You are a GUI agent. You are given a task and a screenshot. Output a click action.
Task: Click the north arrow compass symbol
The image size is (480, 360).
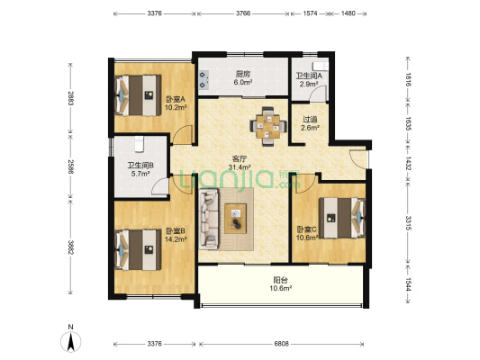coord(71,341)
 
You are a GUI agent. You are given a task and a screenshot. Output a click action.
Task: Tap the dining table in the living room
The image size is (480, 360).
coord(268,127)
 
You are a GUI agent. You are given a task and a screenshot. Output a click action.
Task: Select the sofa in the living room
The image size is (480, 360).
coord(208,219)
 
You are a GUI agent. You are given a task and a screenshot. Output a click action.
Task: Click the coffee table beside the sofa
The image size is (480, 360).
coord(235,219)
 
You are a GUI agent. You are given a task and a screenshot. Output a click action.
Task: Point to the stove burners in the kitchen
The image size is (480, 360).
coord(204,78)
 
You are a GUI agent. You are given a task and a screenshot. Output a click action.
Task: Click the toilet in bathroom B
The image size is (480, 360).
coord(139,144)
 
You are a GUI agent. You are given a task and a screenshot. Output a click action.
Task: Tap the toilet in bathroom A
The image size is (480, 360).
coord(321,66)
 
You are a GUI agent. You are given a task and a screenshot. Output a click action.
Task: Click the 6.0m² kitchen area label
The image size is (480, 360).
coord(243,82)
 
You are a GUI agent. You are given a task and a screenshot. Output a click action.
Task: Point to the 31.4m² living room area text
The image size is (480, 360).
coord(240,167)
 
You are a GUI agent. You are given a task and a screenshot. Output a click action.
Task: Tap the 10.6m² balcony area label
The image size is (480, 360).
coord(280,288)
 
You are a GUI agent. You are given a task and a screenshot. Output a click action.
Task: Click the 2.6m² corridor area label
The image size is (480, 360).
coord(310,128)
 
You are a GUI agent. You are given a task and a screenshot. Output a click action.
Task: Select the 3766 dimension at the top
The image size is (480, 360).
coord(243,13)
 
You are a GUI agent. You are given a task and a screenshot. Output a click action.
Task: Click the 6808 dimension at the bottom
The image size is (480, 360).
coord(281,344)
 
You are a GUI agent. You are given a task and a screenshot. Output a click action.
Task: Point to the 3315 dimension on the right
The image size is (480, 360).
coord(409,223)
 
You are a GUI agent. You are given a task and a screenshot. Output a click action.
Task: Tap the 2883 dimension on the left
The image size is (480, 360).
coord(71,98)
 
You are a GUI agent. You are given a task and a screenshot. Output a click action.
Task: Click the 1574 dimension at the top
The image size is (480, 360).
coord(310,13)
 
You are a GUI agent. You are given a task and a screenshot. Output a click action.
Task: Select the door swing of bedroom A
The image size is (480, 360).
coord(183,135)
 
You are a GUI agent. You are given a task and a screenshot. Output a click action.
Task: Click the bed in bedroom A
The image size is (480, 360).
coord(138,95)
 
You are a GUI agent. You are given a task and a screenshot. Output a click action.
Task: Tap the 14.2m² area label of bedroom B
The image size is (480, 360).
coord(176,239)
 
